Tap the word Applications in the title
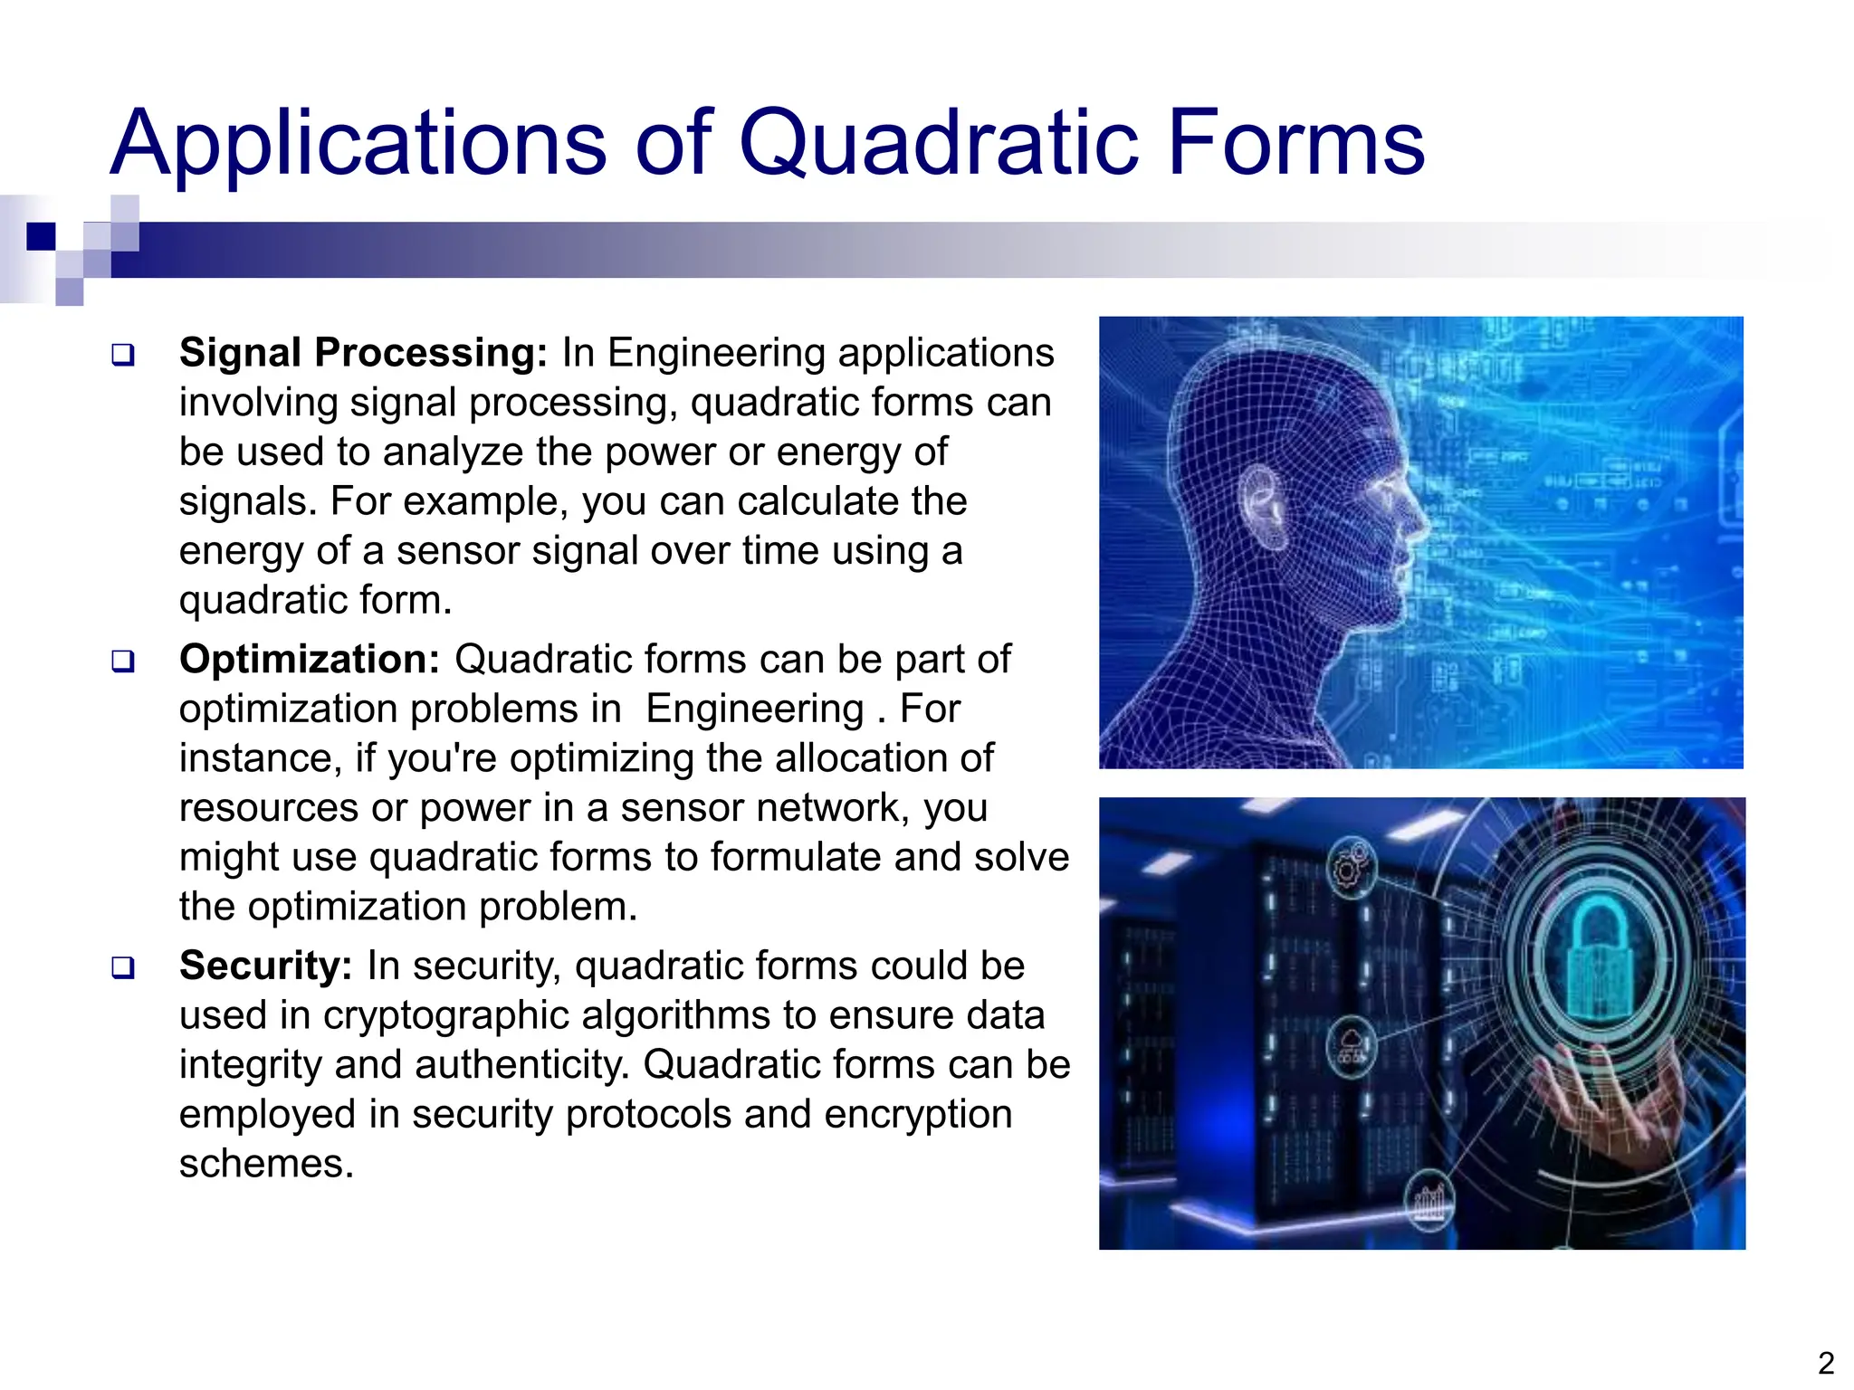click(x=358, y=145)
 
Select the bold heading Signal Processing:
click(x=363, y=353)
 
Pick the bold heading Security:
click(x=265, y=966)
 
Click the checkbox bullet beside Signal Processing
click(x=123, y=355)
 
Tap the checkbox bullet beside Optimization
click(x=123, y=662)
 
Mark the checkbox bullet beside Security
click(x=123, y=968)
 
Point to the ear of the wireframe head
click(x=1263, y=507)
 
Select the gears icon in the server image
click(x=1351, y=867)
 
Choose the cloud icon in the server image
click(x=1352, y=1045)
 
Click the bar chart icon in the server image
click(x=1429, y=1201)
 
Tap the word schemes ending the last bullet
click(x=265, y=1164)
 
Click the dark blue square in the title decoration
click(x=41, y=236)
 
